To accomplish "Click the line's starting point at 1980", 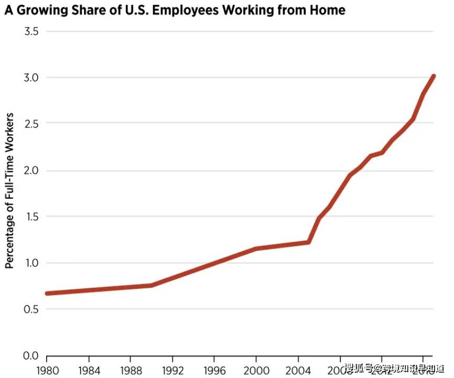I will [x=47, y=293].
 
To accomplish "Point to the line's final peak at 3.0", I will [x=433, y=77].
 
